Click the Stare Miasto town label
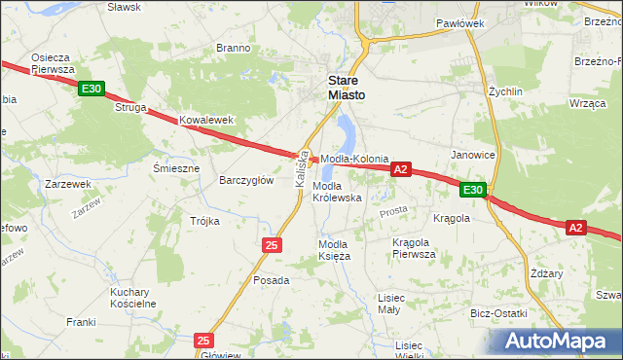[x=347, y=89]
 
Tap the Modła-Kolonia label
[x=355, y=159]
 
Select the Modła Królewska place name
[x=337, y=192]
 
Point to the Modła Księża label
[x=335, y=250]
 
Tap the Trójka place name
[x=204, y=221]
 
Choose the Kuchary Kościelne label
[x=133, y=298]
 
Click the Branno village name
[x=234, y=48]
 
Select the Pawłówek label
[x=460, y=22]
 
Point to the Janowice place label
[x=473, y=155]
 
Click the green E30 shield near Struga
[x=92, y=90]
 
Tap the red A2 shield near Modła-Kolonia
[x=401, y=169]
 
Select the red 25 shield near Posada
[x=272, y=244]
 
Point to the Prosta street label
[x=393, y=210]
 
